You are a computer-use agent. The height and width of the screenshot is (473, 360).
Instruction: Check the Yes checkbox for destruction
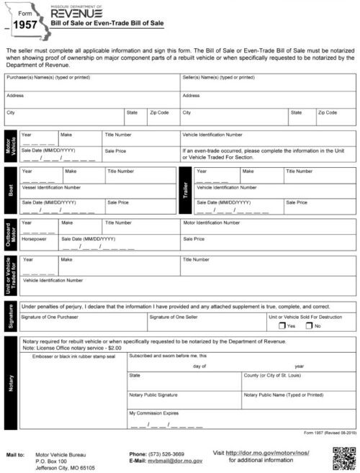pos(282,325)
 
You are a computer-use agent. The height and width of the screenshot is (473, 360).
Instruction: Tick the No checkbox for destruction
pos(308,325)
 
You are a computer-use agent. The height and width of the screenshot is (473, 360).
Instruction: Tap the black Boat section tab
pos(10,192)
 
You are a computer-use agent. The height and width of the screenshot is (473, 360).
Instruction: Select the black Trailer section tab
pos(184,192)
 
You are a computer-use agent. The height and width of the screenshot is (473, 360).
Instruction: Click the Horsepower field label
pos(35,238)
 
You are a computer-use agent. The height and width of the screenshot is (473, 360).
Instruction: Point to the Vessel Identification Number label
pos(51,187)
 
